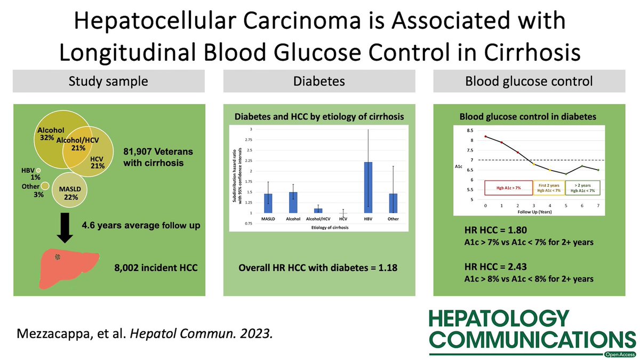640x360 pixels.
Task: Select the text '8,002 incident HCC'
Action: pos(156,267)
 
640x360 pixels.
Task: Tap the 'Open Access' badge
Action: pos(619,354)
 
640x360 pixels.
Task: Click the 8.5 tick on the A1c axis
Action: pos(470,130)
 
